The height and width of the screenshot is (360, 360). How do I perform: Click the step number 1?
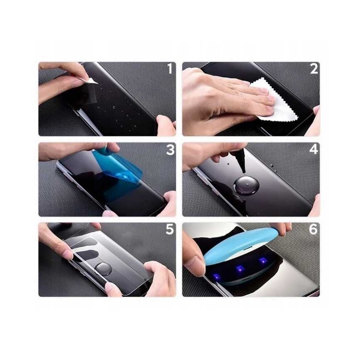click(170, 69)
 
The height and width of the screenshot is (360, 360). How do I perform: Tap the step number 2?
click(314, 69)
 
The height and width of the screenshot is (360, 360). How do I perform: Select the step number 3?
click(170, 149)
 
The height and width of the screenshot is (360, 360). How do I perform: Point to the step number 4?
click(314, 149)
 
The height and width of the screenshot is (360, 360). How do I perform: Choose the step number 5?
click(170, 229)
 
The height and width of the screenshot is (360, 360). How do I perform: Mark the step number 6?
click(313, 229)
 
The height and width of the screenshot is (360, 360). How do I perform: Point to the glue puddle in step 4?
click(245, 185)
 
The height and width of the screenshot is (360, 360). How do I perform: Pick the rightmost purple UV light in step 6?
click(263, 260)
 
